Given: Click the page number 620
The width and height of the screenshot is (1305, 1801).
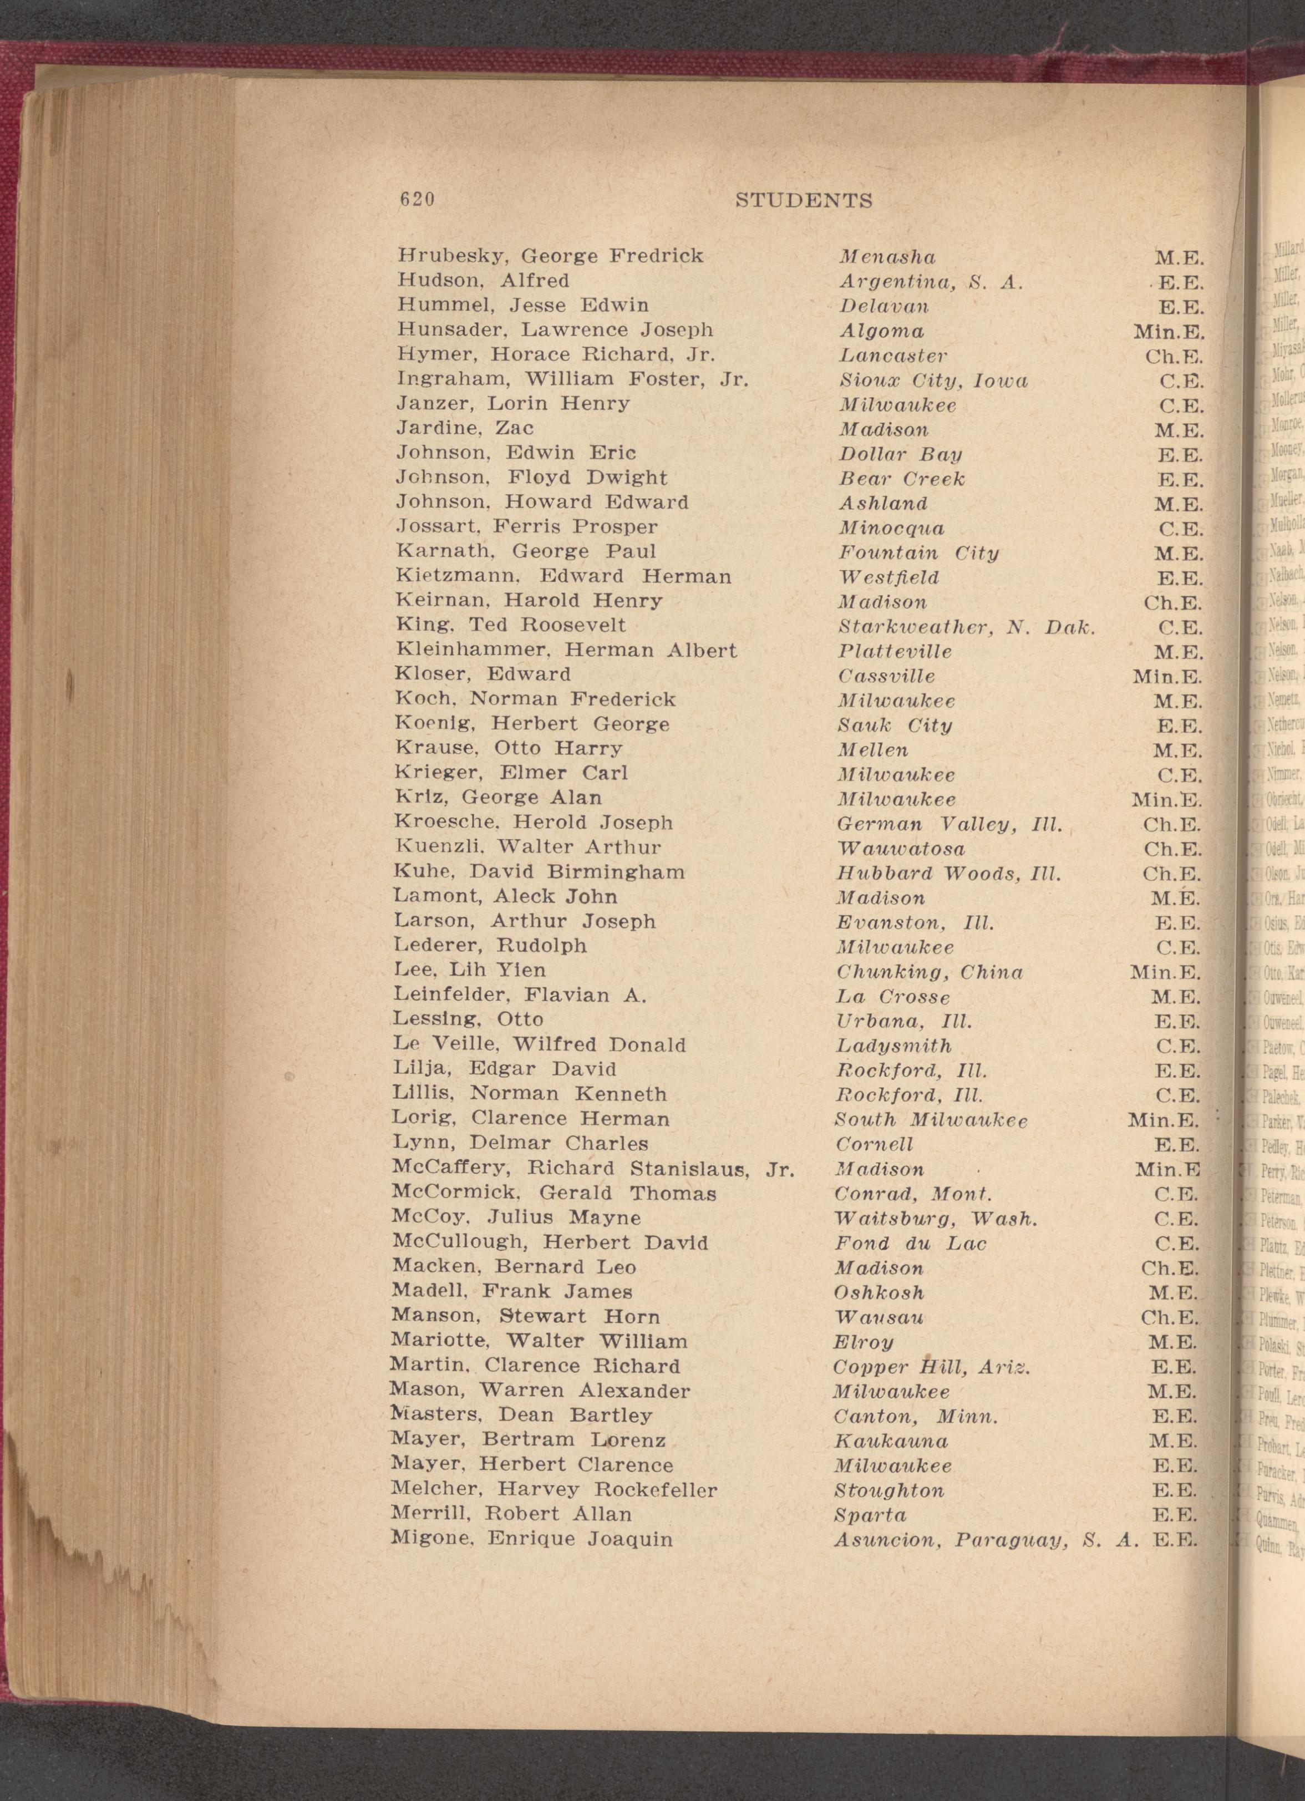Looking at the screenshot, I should click(417, 200).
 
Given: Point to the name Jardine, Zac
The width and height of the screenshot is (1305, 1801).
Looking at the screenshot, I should click(464, 428).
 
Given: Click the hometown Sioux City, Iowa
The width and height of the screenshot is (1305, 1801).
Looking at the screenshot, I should click(933, 381).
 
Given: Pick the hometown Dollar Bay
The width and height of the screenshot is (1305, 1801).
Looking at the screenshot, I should click(900, 454).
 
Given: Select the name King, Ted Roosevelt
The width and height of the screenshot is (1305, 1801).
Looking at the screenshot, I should click(510, 625).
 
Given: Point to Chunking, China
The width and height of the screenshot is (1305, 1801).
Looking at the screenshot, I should click(930, 972).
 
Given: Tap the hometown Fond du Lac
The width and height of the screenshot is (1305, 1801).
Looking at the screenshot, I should click(909, 1243).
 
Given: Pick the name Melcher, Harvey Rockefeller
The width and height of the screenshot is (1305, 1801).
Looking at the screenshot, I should click(554, 1490).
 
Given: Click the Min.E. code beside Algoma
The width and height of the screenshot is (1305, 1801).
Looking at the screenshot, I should click(1169, 331).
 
